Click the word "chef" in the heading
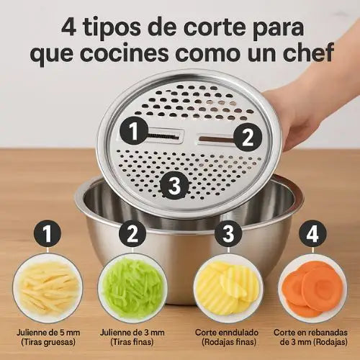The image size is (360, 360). click(x=308, y=52)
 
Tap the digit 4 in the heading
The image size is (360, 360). click(x=69, y=27)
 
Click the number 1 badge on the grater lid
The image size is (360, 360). click(x=134, y=130)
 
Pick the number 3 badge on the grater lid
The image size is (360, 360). click(x=174, y=185)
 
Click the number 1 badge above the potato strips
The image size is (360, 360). click(x=48, y=233)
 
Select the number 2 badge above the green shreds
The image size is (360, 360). click(x=132, y=233)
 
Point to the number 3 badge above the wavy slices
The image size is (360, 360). click(x=228, y=233)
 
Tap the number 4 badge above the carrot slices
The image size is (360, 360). click(x=312, y=233)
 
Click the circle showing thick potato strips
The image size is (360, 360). click(x=48, y=289)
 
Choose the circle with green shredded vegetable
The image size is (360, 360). click(x=132, y=289)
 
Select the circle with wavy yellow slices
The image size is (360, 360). click(x=228, y=289)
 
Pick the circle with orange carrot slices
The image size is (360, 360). click(x=312, y=289)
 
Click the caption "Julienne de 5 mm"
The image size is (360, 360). click(x=48, y=333)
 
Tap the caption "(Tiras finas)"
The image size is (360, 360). click(x=132, y=342)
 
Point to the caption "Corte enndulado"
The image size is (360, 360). click(x=227, y=333)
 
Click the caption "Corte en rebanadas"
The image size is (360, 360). click(x=310, y=333)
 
